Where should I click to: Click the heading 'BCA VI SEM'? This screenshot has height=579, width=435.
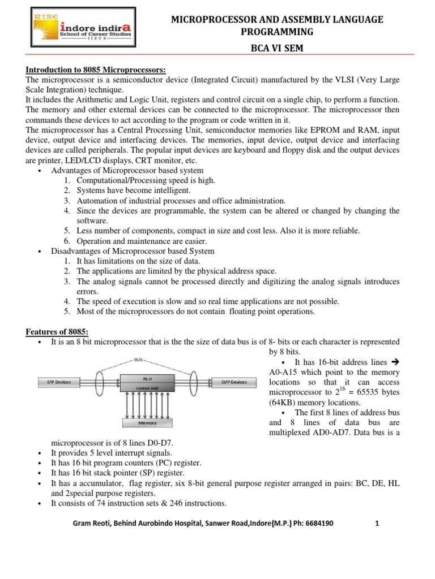coord(277,48)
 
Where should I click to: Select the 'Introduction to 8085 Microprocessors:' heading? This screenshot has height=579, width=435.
coord(96,70)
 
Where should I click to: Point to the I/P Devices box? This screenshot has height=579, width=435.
coord(59,382)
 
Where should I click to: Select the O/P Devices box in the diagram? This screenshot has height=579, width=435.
coord(233,382)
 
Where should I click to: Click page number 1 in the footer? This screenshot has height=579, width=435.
coord(376,524)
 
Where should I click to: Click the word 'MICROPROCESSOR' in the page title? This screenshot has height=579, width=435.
coord(214,20)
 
